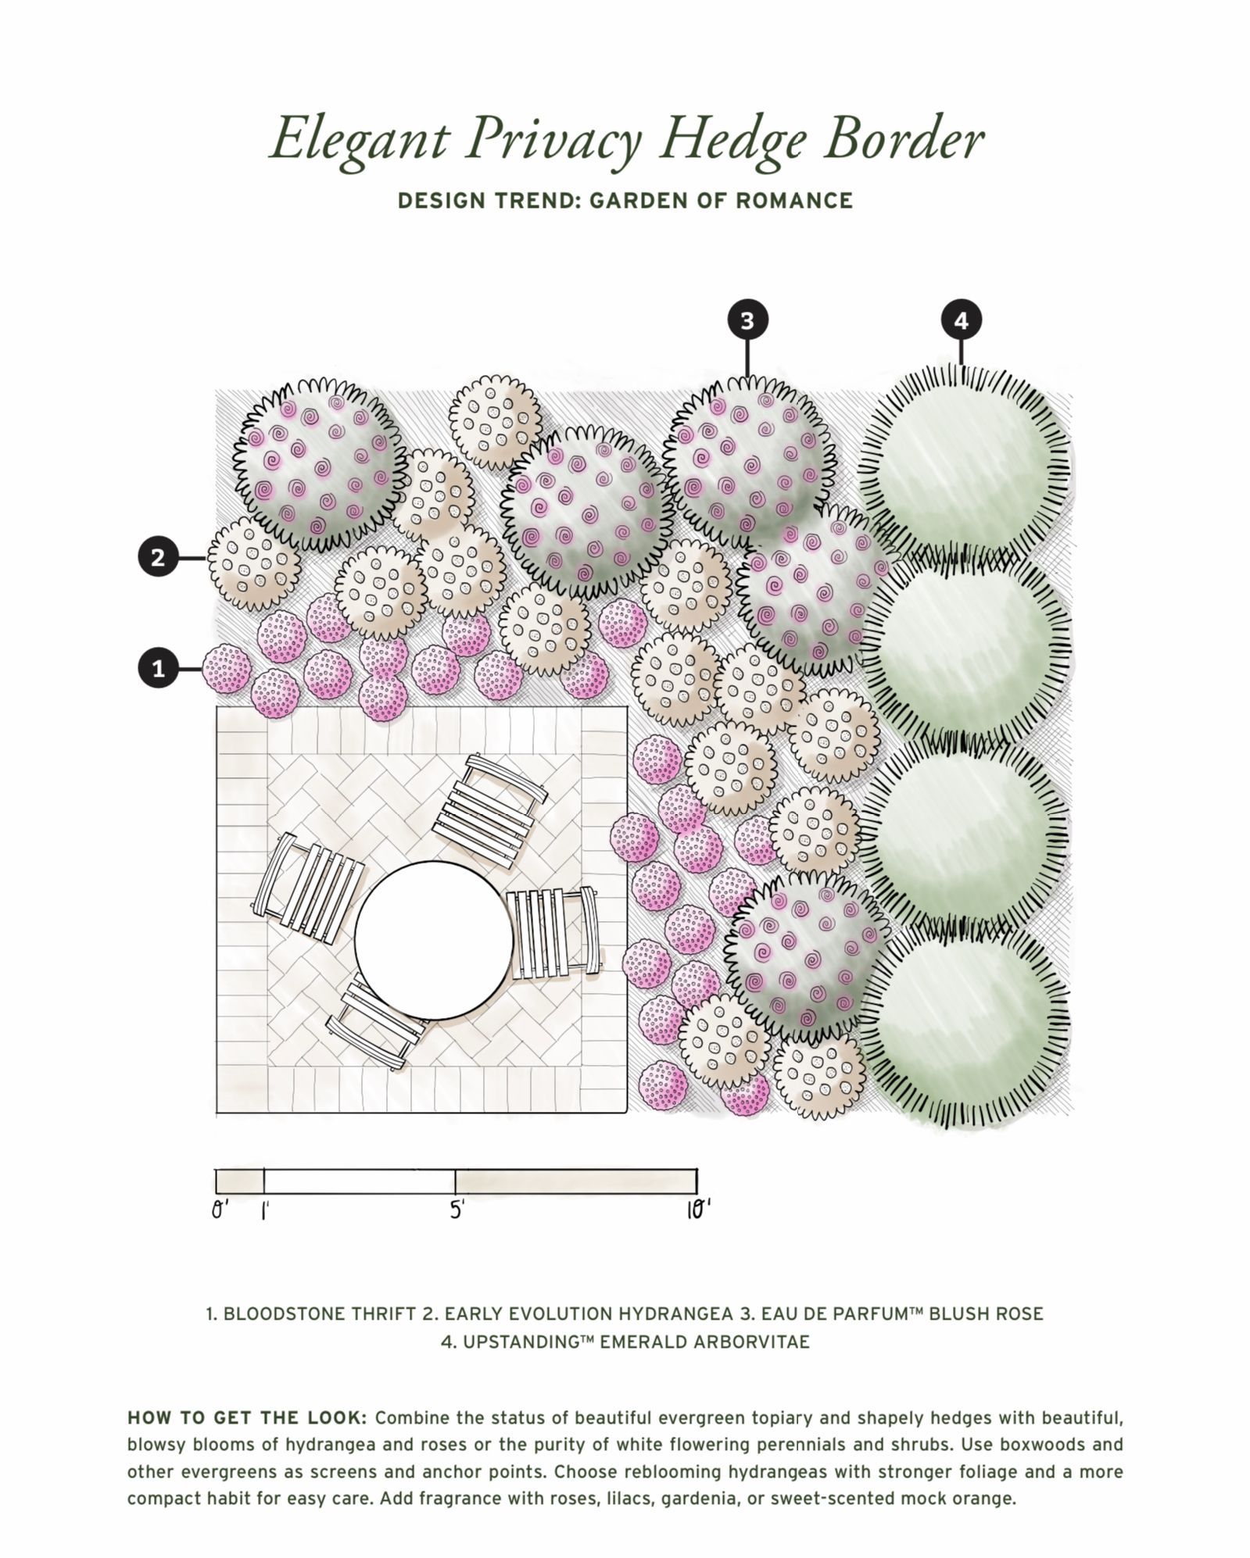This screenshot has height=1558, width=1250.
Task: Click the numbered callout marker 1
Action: pyautogui.click(x=159, y=669)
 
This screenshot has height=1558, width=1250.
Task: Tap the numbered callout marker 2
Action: pyautogui.click(x=159, y=558)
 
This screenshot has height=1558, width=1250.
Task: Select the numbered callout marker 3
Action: pyautogui.click(x=747, y=320)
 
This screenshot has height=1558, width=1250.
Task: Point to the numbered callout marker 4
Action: pyautogui.click(x=961, y=320)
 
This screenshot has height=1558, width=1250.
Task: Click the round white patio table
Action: pyautogui.click(x=434, y=941)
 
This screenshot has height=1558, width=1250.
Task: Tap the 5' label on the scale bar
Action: pyautogui.click(x=457, y=1210)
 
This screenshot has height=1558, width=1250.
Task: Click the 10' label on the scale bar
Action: pyautogui.click(x=698, y=1210)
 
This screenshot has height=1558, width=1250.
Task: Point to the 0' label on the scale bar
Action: pyautogui.click(x=220, y=1210)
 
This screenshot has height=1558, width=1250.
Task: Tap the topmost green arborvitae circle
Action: pyautogui.click(x=965, y=456)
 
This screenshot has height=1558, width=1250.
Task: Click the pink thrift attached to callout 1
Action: pyautogui.click(x=227, y=669)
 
